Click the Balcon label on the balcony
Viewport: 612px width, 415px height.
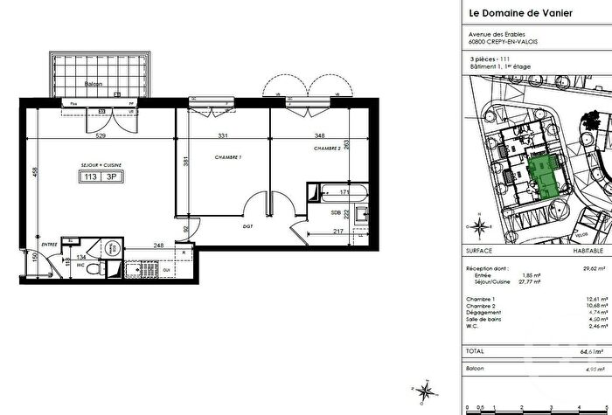point(94,85)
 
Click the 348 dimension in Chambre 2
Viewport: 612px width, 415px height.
point(323,135)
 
